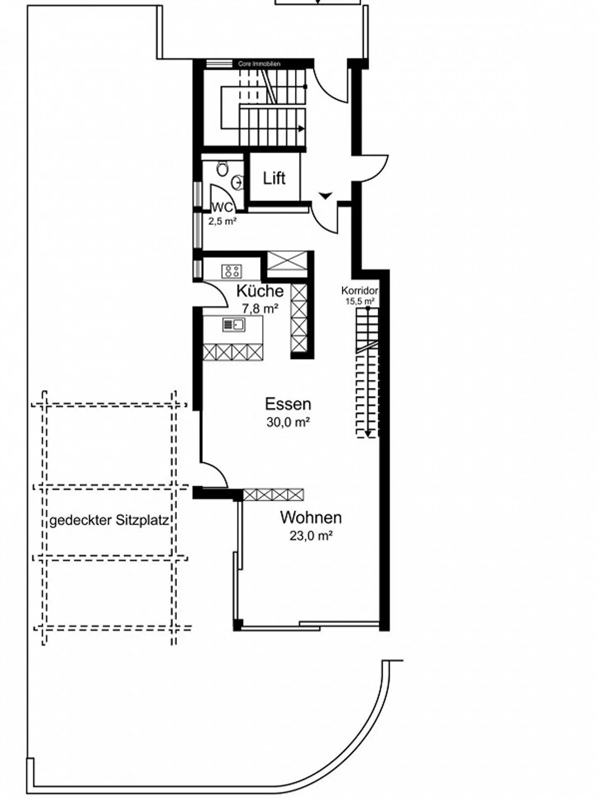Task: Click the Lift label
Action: tap(274, 178)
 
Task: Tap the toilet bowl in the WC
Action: tap(222, 168)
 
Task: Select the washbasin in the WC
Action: tap(238, 182)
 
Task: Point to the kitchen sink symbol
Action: tap(234, 324)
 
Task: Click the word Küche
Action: tap(260, 291)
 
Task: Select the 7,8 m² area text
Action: tap(260, 308)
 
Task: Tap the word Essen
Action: tap(288, 404)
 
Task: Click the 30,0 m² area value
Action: tap(289, 422)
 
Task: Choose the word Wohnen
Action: tap(311, 517)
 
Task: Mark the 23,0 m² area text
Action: tap(311, 536)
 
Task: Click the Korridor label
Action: tap(360, 291)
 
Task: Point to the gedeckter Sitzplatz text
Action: tap(109, 520)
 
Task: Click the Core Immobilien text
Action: tap(259, 64)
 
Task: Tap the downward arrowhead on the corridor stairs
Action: tap(368, 434)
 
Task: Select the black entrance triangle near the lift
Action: tap(326, 195)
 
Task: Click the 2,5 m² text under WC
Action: tap(222, 222)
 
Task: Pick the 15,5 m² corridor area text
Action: tap(360, 301)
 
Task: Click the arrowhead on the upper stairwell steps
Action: tap(301, 128)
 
